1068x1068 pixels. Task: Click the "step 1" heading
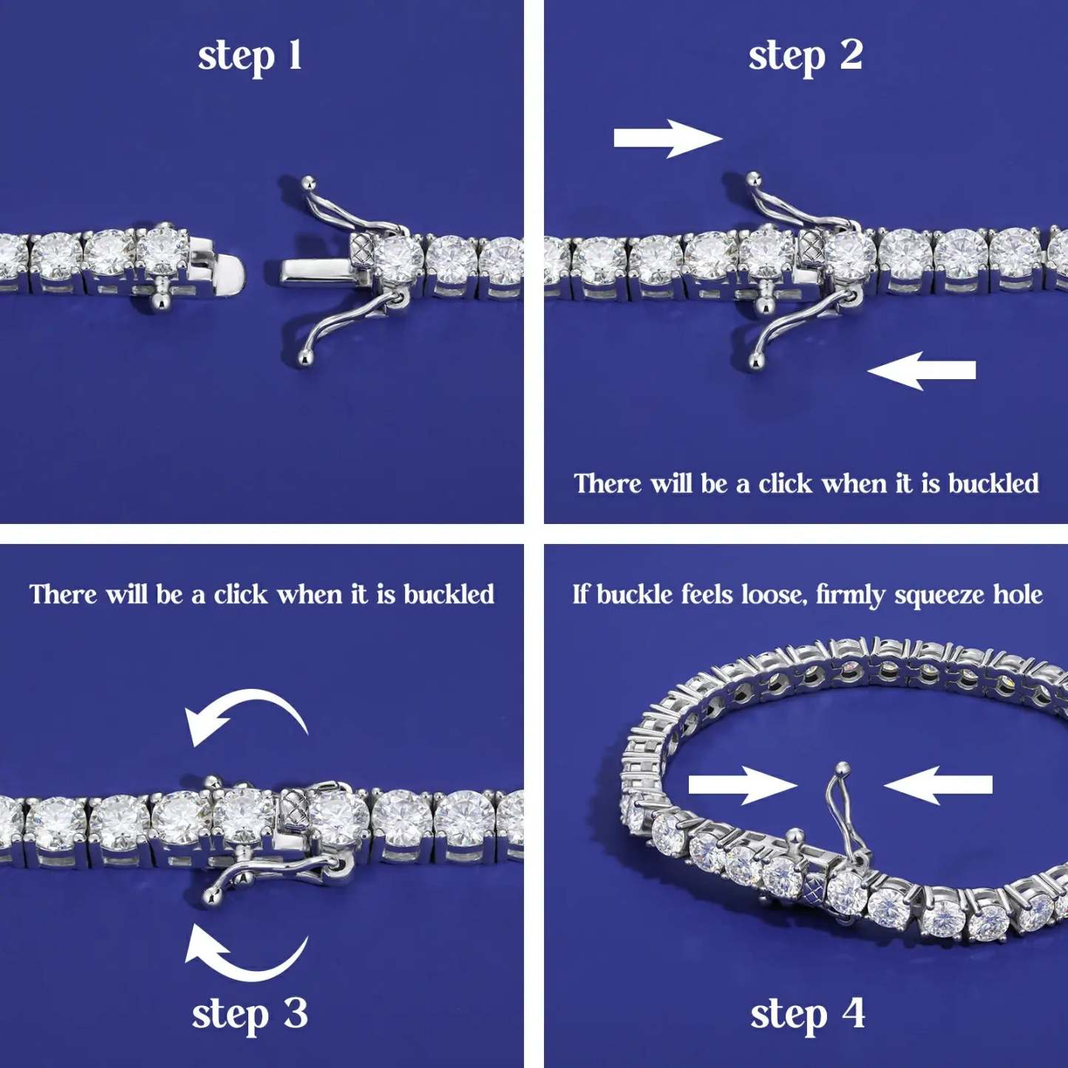(250, 56)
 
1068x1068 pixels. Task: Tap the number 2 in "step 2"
(851, 55)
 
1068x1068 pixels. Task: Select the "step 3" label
(250, 1014)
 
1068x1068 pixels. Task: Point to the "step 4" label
(807, 1014)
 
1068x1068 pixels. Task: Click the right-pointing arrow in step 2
(667, 139)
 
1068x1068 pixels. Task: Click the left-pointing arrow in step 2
(922, 370)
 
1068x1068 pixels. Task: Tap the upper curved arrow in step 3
(245, 715)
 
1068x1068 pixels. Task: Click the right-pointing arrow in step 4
(742, 785)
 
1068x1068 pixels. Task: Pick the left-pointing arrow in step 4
(939, 785)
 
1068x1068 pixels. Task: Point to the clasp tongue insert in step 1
(314, 271)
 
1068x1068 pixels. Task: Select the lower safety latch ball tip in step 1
(304, 359)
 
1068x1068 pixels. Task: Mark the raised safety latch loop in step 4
(841, 806)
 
